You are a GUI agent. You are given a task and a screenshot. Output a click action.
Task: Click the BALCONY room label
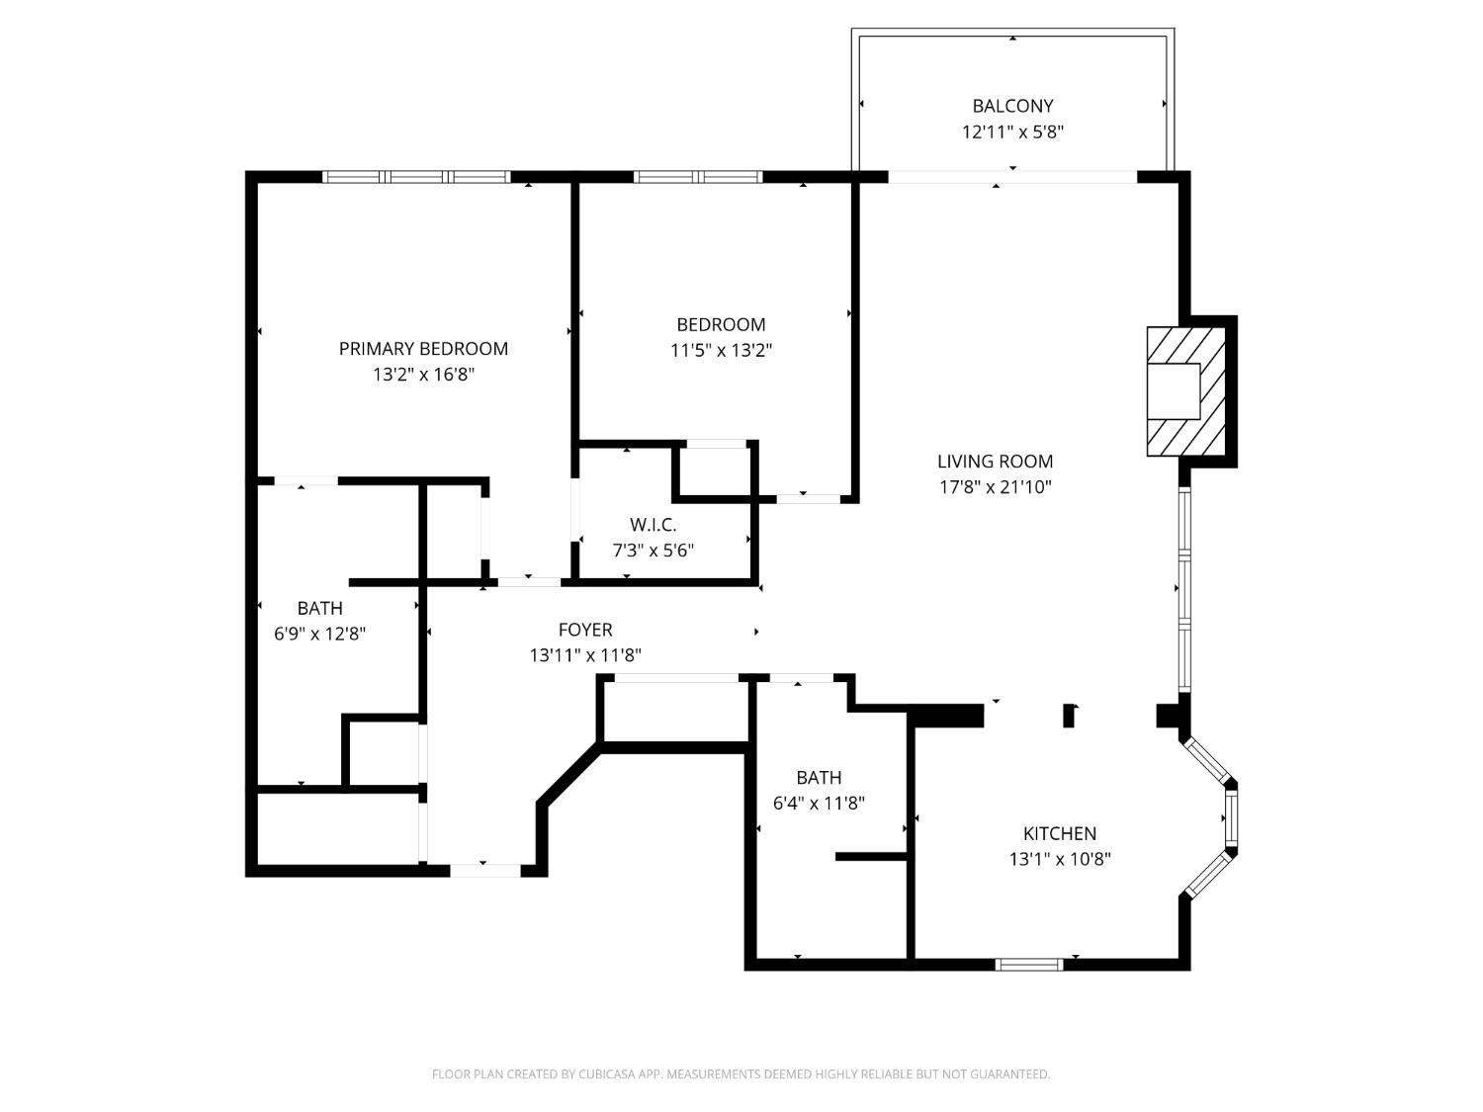tap(1012, 106)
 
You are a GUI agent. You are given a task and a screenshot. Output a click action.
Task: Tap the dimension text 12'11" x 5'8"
tap(1012, 131)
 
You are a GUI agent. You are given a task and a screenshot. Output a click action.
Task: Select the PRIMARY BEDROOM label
tap(423, 349)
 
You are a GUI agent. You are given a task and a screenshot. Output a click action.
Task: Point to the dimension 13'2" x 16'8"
tap(423, 375)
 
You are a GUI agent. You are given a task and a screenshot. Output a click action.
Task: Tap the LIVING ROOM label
tap(995, 462)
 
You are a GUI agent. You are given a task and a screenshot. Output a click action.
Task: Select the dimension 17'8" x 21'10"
tap(995, 487)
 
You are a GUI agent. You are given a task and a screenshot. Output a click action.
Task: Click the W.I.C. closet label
tap(653, 525)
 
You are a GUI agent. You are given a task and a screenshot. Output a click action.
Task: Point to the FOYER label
tap(585, 630)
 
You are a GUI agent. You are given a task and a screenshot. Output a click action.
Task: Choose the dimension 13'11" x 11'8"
tap(585, 655)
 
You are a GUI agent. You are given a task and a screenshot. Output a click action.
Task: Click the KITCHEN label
tap(1059, 833)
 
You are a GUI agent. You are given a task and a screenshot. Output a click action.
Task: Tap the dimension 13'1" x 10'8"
tap(1059, 859)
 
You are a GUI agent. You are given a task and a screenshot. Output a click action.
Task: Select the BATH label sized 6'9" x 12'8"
tap(319, 608)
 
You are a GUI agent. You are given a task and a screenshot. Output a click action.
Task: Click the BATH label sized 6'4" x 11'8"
tap(819, 778)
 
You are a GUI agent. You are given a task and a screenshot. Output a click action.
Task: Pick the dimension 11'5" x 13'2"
tap(721, 350)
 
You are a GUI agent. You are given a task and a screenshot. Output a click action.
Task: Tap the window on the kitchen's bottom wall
tap(1029, 964)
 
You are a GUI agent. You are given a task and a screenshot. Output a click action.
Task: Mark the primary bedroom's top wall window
tap(416, 177)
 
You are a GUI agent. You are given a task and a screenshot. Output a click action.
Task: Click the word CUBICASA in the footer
tap(607, 1074)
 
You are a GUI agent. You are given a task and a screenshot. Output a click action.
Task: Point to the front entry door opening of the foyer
tap(484, 871)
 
